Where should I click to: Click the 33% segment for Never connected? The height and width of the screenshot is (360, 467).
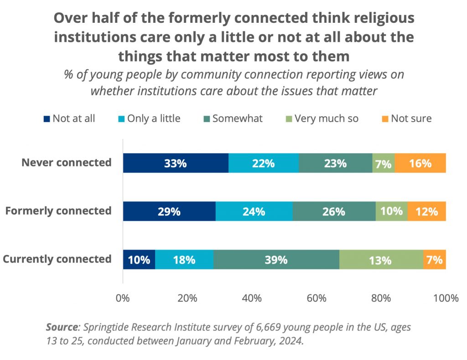[x=176, y=163]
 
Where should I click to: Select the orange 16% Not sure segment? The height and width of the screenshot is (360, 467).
[x=420, y=163]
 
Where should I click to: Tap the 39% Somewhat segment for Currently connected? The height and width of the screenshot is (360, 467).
[x=276, y=260]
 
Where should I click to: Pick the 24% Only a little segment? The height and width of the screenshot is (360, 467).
[x=254, y=211]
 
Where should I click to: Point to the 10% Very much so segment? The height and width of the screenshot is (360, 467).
[x=391, y=211]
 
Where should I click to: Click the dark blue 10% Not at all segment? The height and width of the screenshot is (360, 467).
[x=139, y=260]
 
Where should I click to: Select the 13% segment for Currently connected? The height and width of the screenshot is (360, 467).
[x=381, y=260]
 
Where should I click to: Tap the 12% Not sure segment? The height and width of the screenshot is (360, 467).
[x=426, y=211]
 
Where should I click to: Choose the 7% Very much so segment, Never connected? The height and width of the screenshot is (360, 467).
[x=384, y=163]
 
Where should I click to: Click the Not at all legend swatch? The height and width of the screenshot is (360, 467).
[x=47, y=119]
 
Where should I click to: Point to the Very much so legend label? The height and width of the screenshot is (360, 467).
[x=326, y=119]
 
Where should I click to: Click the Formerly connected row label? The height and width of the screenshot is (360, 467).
[x=58, y=211]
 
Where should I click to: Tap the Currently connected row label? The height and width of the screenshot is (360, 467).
[x=57, y=259]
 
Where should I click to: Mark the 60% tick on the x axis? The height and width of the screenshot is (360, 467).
[x=317, y=299]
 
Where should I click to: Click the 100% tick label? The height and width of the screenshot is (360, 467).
[x=446, y=299]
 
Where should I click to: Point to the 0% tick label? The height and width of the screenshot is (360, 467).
[x=123, y=299]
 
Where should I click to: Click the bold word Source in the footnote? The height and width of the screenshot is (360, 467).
[x=62, y=327]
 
